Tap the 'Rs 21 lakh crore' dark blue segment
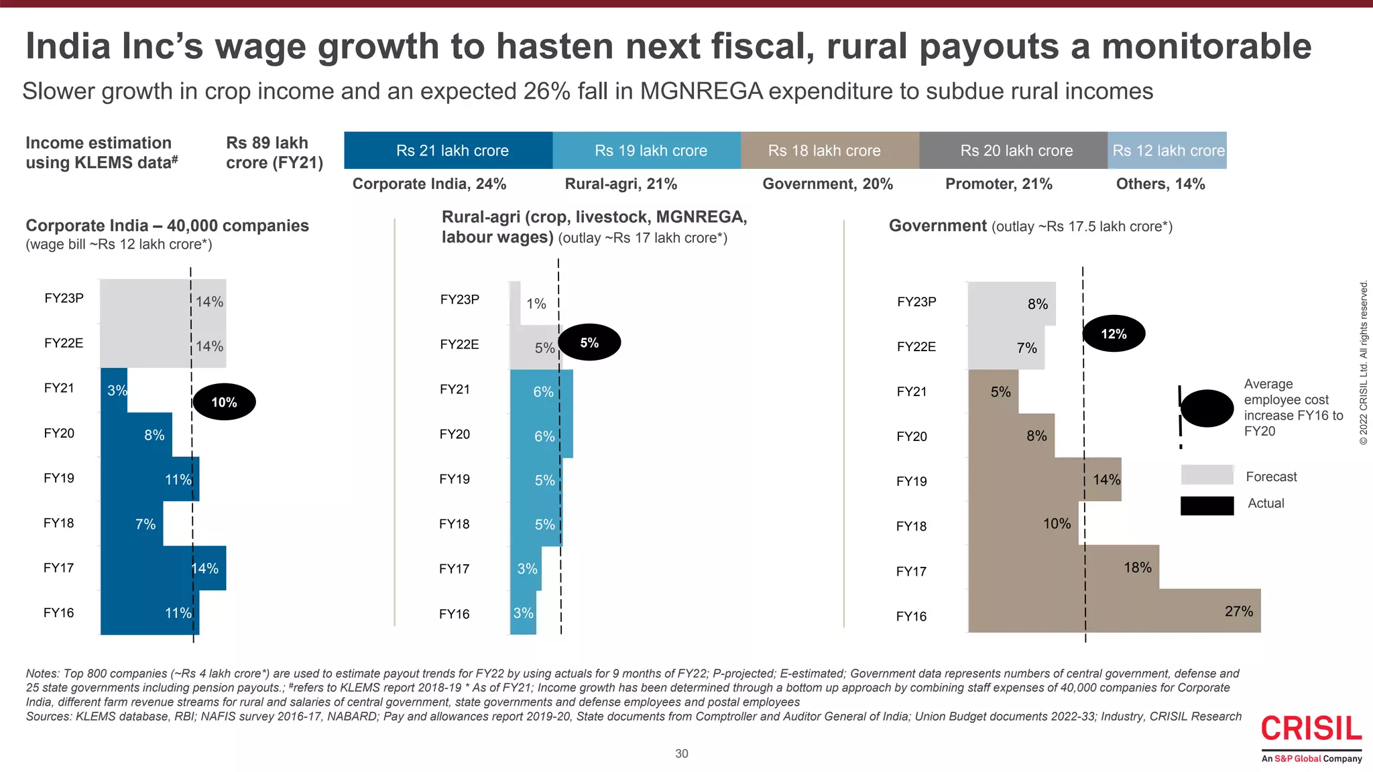pos(448,150)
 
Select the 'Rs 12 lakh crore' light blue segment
pos(1167,150)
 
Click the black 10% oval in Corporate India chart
pos(224,402)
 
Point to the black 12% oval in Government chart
pos(1114,334)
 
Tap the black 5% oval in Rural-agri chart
pos(589,342)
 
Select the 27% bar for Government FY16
pos(1114,611)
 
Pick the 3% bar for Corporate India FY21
pos(114,390)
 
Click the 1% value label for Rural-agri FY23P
pos(536,304)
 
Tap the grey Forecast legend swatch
pos(1207,475)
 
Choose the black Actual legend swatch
pos(1207,505)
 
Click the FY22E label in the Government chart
pos(916,346)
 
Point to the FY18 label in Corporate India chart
pos(59,523)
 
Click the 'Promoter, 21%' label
pos(998,184)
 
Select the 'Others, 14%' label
pos(1160,184)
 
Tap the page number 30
pos(681,753)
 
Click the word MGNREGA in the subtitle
pos(701,91)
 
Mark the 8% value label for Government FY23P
pos(1037,304)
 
